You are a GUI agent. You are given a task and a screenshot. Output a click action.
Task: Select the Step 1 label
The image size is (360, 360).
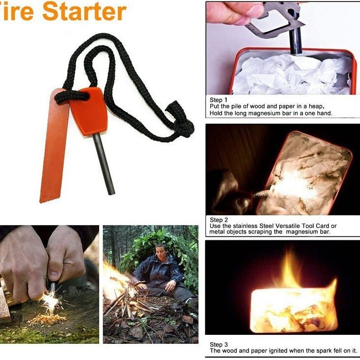219,100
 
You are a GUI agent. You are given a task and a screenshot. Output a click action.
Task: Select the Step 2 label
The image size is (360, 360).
219,220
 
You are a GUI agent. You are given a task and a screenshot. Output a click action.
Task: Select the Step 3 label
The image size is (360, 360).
219,344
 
